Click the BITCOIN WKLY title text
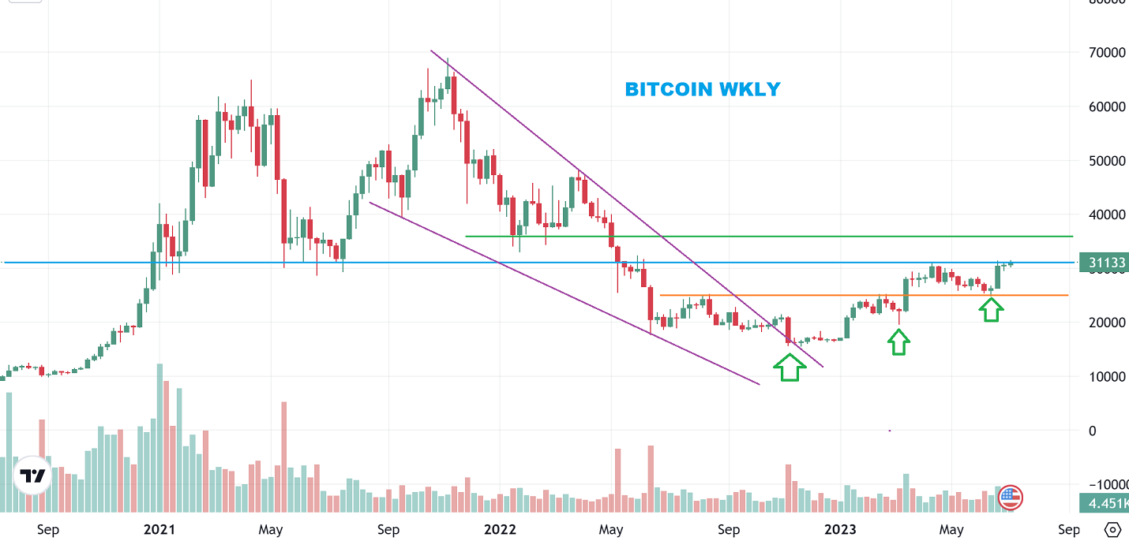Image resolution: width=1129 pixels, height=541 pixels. coord(702,89)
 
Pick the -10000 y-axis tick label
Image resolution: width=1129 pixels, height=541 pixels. coord(1103,484)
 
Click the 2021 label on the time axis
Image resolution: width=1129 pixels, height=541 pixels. coord(159,529)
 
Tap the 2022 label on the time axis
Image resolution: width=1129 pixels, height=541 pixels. coord(499,529)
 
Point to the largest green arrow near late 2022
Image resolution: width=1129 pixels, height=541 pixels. coord(790,367)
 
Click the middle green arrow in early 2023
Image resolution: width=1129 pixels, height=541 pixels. coord(898,341)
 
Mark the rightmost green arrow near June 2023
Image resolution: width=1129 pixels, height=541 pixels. coord(992,309)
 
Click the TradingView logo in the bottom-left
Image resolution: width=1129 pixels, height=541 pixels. coord(33,476)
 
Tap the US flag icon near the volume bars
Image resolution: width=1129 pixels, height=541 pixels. coord(1011,497)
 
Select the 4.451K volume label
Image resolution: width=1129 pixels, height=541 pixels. coord(1104,503)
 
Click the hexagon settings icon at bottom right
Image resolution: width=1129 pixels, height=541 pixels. coord(1113,529)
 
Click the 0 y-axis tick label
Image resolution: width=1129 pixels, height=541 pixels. coord(1093,431)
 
